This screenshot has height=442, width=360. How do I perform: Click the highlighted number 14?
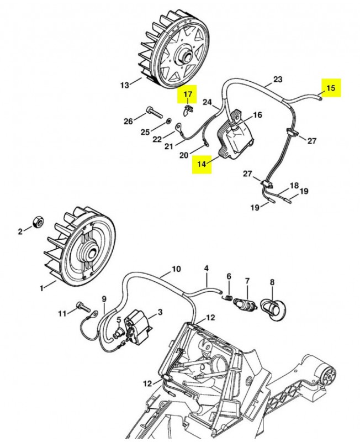[202, 164]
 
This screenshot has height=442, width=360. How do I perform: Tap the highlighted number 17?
[187, 95]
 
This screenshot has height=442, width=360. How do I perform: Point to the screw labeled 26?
[155, 113]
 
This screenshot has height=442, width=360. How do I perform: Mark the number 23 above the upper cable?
[278, 79]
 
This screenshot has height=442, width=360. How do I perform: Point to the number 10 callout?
[176, 269]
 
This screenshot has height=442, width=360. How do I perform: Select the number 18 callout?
[294, 186]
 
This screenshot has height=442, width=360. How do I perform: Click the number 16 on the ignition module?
[257, 115]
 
